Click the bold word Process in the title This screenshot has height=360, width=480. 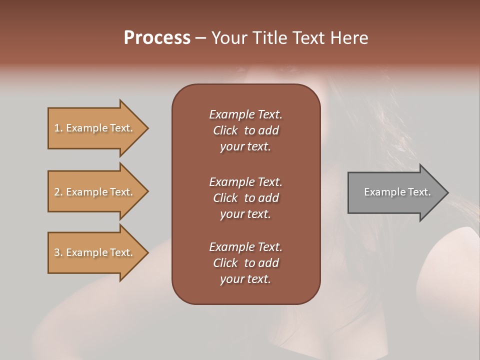click(x=157, y=38)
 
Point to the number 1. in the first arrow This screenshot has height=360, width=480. click(x=58, y=128)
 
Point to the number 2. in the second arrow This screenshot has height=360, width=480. click(x=58, y=192)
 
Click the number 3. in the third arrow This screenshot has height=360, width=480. click(x=58, y=252)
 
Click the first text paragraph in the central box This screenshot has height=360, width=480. click(x=245, y=130)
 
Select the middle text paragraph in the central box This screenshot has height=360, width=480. click(x=245, y=197)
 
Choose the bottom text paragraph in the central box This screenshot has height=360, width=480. click(x=245, y=263)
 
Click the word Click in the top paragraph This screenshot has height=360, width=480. click(x=225, y=130)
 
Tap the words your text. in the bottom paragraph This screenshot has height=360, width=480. click(x=245, y=279)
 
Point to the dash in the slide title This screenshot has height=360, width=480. click(x=200, y=38)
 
